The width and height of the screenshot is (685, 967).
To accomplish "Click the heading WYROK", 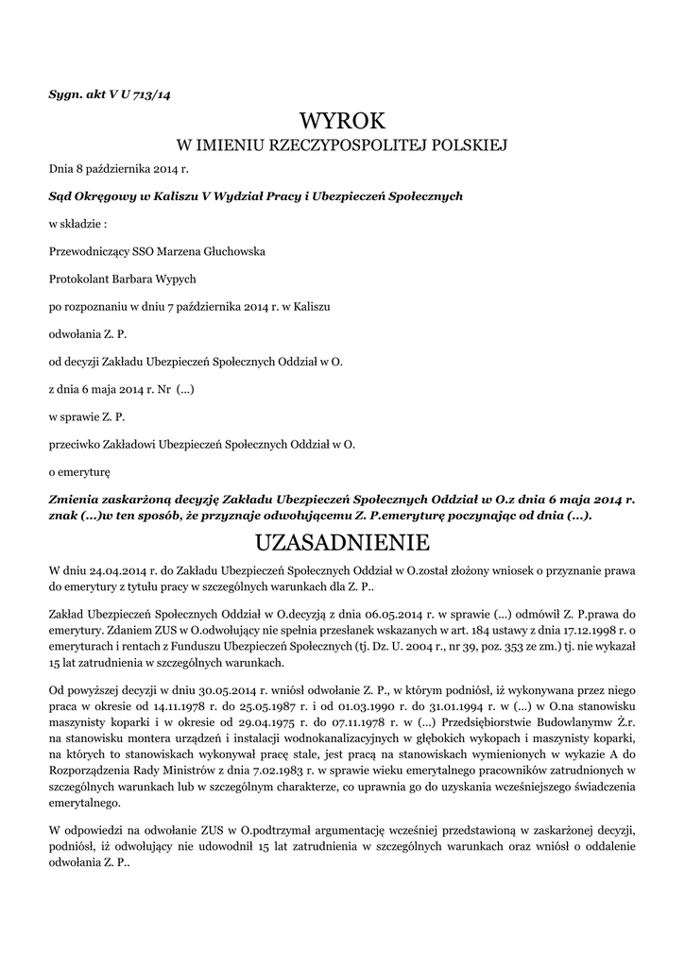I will point(342,121).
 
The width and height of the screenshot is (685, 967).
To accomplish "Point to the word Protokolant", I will point(79,280).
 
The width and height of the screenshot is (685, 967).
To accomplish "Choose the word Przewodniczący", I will point(94,252).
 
